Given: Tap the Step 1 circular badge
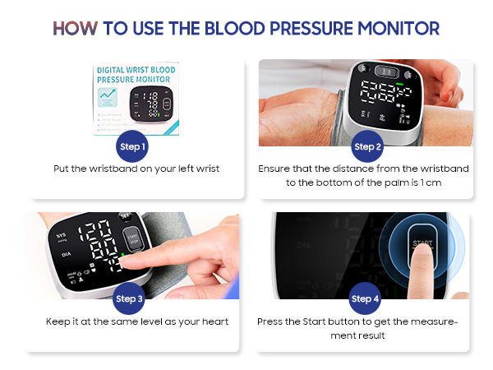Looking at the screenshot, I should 133,147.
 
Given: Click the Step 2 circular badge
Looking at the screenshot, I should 368,147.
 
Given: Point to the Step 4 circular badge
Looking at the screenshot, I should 365,298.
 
